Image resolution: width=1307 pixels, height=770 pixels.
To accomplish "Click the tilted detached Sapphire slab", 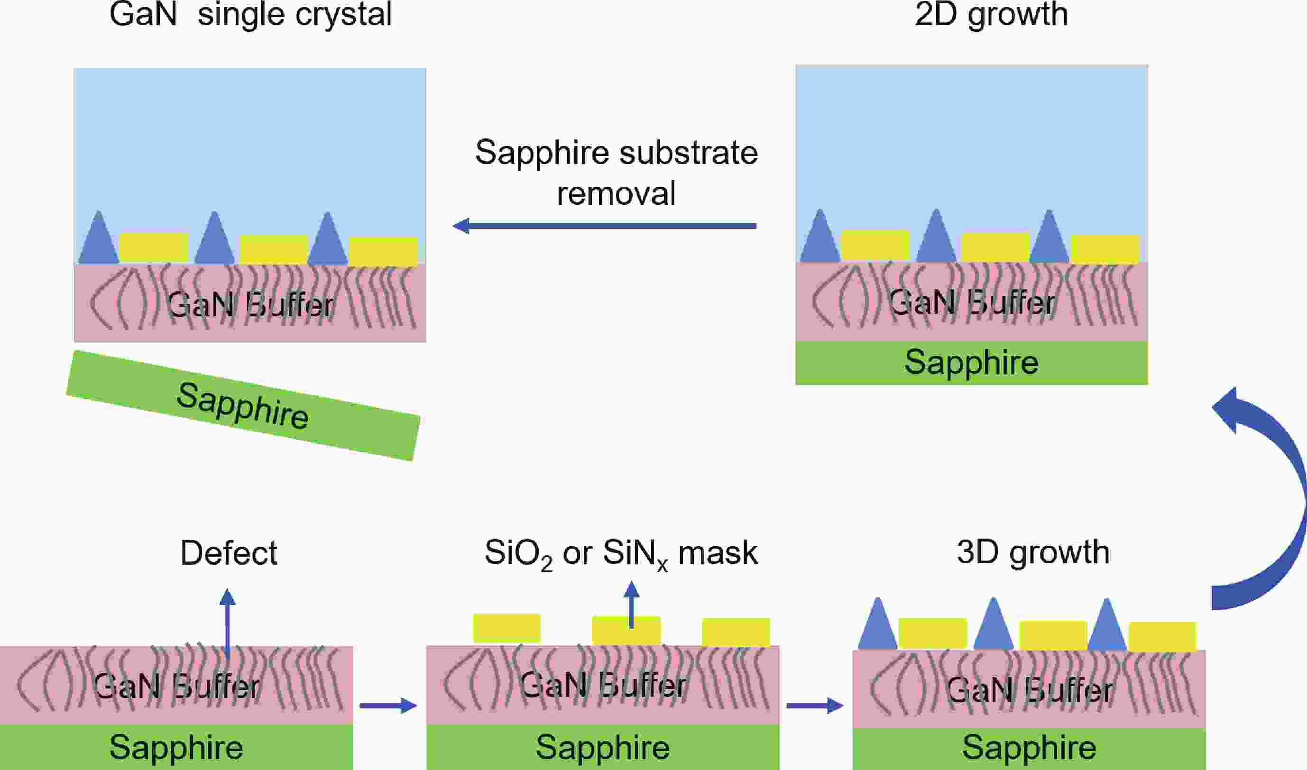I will click(243, 406).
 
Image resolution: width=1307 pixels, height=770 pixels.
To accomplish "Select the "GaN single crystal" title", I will click(250, 15).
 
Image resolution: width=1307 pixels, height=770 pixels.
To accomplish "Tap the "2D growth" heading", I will click(991, 15).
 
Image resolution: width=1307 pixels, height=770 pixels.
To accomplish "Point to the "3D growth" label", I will click(1033, 552).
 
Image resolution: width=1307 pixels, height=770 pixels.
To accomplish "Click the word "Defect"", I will click(228, 553).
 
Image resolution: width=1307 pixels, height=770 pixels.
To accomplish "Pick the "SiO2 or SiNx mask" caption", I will click(621, 554).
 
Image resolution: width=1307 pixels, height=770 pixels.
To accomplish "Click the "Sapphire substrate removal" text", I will click(617, 172).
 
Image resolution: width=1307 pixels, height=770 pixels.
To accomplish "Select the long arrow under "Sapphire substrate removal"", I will click(605, 226).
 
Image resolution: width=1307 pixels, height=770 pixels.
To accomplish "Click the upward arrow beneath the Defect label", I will click(227, 623).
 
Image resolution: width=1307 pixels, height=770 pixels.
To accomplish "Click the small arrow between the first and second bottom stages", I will click(388, 706).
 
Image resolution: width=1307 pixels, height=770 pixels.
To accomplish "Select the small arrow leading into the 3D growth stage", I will click(815, 706).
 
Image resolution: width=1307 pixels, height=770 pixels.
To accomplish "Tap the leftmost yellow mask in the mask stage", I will click(506, 628).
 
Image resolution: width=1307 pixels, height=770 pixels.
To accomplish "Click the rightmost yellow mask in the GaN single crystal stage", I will click(383, 251).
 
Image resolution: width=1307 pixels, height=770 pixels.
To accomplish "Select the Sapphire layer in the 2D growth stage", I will click(971, 363).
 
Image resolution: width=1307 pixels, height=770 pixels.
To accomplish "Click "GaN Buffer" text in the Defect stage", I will click(176, 686).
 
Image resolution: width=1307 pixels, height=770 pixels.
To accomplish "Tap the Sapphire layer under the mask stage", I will click(602, 747).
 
